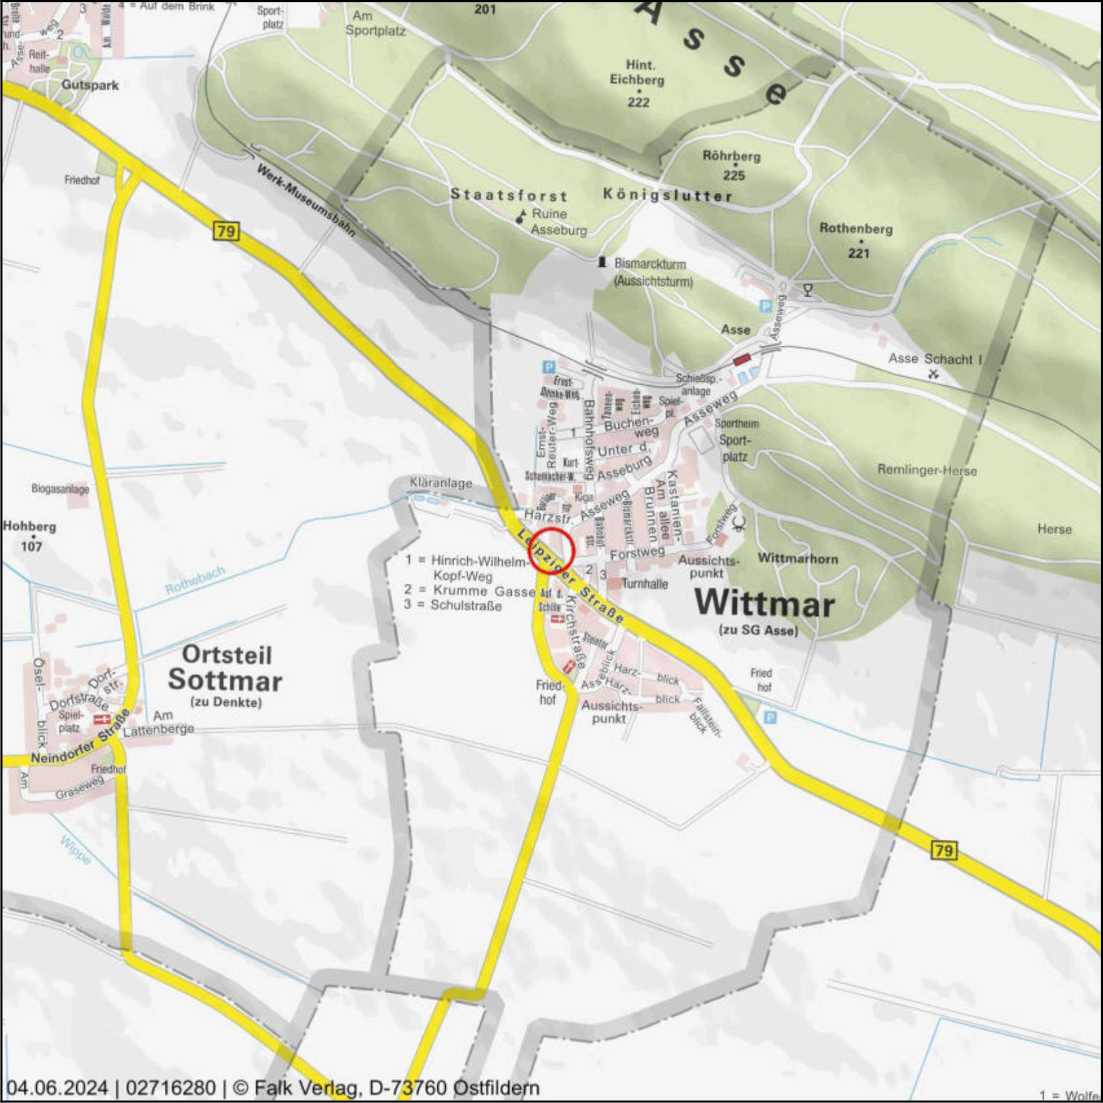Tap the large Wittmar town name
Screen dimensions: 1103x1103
[x=764, y=604]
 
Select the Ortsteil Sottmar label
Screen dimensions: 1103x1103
[x=225, y=668]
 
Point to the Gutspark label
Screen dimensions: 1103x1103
[x=90, y=85]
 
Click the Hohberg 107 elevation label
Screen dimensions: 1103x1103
[x=30, y=536]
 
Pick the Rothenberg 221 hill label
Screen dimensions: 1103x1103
[x=856, y=239]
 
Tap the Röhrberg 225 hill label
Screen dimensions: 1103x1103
[x=732, y=165]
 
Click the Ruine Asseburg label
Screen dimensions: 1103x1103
[x=559, y=222]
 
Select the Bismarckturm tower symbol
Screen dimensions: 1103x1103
[x=602, y=262]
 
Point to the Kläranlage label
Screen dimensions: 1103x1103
[x=441, y=483]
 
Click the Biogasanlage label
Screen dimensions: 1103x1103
[x=60, y=489]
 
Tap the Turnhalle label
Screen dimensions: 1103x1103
[x=644, y=583]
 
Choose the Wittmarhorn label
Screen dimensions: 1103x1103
[x=798, y=558]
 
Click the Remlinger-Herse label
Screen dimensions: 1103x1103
[x=927, y=470]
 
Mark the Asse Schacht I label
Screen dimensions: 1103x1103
[x=934, y=359]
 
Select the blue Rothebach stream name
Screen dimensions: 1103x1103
[x=195, y=580]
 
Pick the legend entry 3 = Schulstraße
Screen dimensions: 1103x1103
[x=453, y=605]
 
